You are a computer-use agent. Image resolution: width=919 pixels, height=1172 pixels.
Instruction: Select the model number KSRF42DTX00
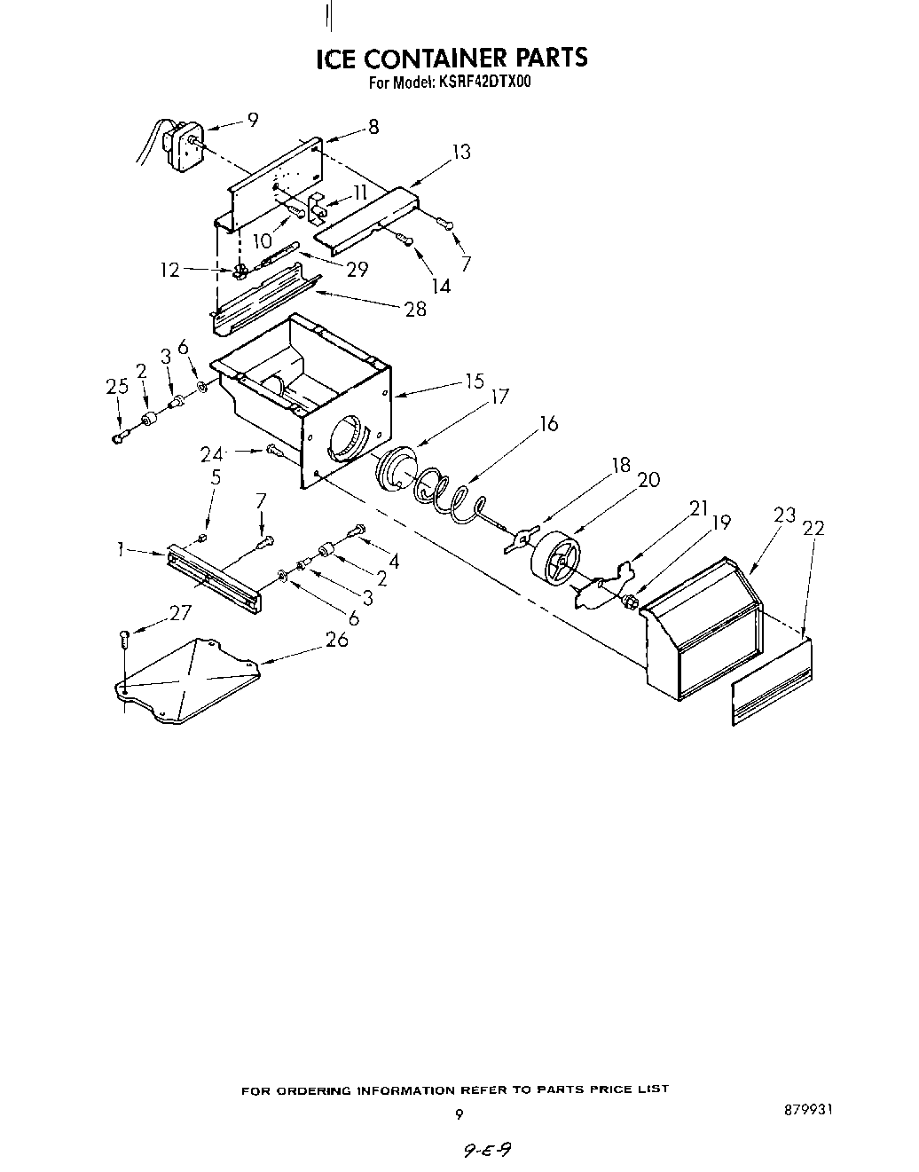[483, 83]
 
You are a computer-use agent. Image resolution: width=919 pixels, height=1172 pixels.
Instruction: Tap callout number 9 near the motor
[253, 119]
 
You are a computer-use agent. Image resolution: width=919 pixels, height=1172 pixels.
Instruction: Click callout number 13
[460, 152]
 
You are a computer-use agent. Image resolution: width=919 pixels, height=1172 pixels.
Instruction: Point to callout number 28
[414, 308]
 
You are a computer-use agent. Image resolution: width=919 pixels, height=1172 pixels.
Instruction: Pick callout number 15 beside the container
[475, 381]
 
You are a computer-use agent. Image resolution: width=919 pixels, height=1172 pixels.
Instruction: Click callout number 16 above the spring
[549, 424]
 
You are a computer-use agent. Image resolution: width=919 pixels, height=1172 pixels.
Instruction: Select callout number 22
[813, 528]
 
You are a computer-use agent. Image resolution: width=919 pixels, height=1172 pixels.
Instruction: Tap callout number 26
[336, 638]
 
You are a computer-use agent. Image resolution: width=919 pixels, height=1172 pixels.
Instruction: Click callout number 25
[116, 387]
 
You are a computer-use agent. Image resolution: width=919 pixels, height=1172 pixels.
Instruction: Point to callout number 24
[211, 454]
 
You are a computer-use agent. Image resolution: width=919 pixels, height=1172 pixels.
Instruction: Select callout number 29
[357, 270]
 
